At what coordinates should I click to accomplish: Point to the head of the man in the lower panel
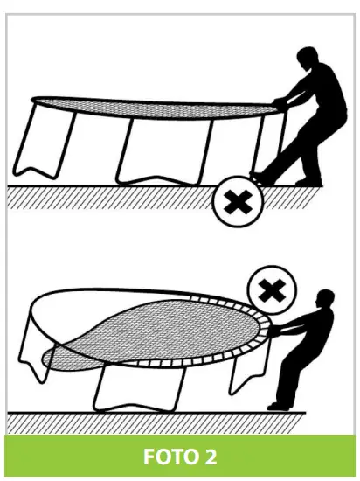[326, 299]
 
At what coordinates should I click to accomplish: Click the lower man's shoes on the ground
[280, 405]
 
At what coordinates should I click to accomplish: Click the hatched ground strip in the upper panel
[105, 196]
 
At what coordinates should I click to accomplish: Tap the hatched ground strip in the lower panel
[131, 420]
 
